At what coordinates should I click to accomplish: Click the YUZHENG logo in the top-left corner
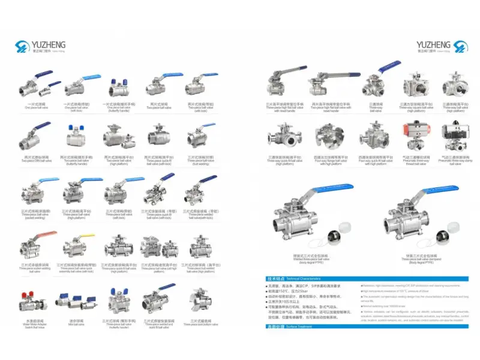click(x=41, y=46)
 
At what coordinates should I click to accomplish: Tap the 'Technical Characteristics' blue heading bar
click(x=288, y=279)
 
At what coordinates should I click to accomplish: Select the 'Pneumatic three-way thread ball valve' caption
click(x=412, y=161)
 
